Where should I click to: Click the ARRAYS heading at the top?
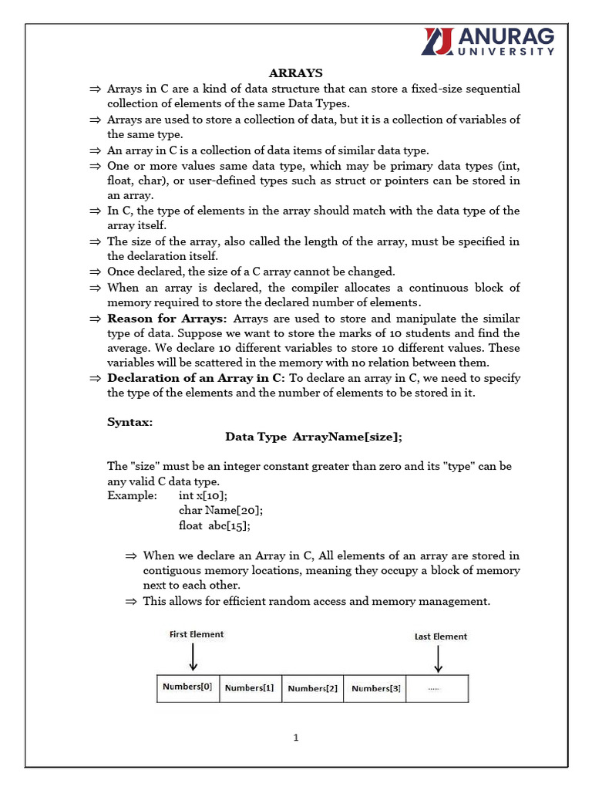click(x=295, y=73)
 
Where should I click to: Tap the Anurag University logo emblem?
click(x=438, y=41)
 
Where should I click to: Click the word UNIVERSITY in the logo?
click(x=506, y=52)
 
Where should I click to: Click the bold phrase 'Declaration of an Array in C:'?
click(x=196, y=378)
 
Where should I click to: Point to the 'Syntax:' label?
click(x=129, y=422)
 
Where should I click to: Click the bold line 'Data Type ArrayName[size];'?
click(x=314, y=437)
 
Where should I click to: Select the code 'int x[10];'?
click(x=203, y=495)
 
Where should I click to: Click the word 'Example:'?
click(x=132, y=495)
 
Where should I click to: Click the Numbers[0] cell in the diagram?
click(x=188, y=687)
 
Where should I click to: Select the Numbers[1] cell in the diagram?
click(x=251, y=687)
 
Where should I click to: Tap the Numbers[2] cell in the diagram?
click(x=312, y=687)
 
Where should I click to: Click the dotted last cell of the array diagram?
click(x=436, y=687)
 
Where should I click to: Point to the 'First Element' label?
click(x=197, y=634)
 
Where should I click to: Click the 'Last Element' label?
click(x=440, y=636)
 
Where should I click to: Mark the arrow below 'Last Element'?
click(x=438, y=659)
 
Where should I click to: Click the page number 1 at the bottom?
click(x=295, y=738)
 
